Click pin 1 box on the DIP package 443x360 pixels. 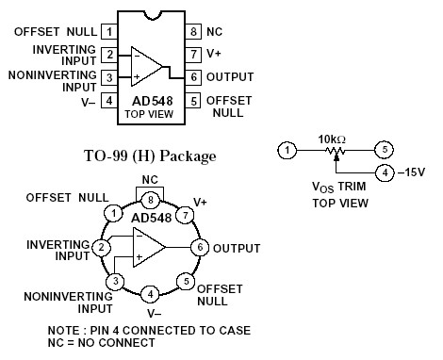109,32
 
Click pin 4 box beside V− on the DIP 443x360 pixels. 109,100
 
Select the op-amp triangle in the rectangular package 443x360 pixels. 144,65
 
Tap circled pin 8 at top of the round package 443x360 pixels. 149,200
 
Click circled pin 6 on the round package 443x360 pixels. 199,247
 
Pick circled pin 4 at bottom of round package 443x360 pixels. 149,295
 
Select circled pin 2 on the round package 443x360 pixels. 98,247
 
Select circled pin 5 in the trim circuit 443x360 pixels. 384,150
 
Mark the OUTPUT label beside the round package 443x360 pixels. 237,248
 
